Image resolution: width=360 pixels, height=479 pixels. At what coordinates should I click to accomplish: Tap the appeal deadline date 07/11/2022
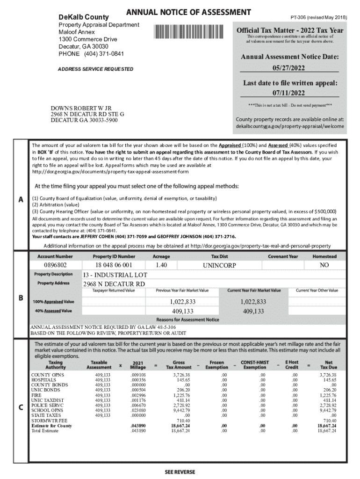click(289, 93)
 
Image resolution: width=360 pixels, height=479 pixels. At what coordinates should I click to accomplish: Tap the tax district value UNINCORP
click(219, 265)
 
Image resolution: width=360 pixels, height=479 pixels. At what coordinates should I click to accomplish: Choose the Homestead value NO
click(324, 265)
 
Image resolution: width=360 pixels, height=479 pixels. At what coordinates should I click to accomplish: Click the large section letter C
click(21, 407)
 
